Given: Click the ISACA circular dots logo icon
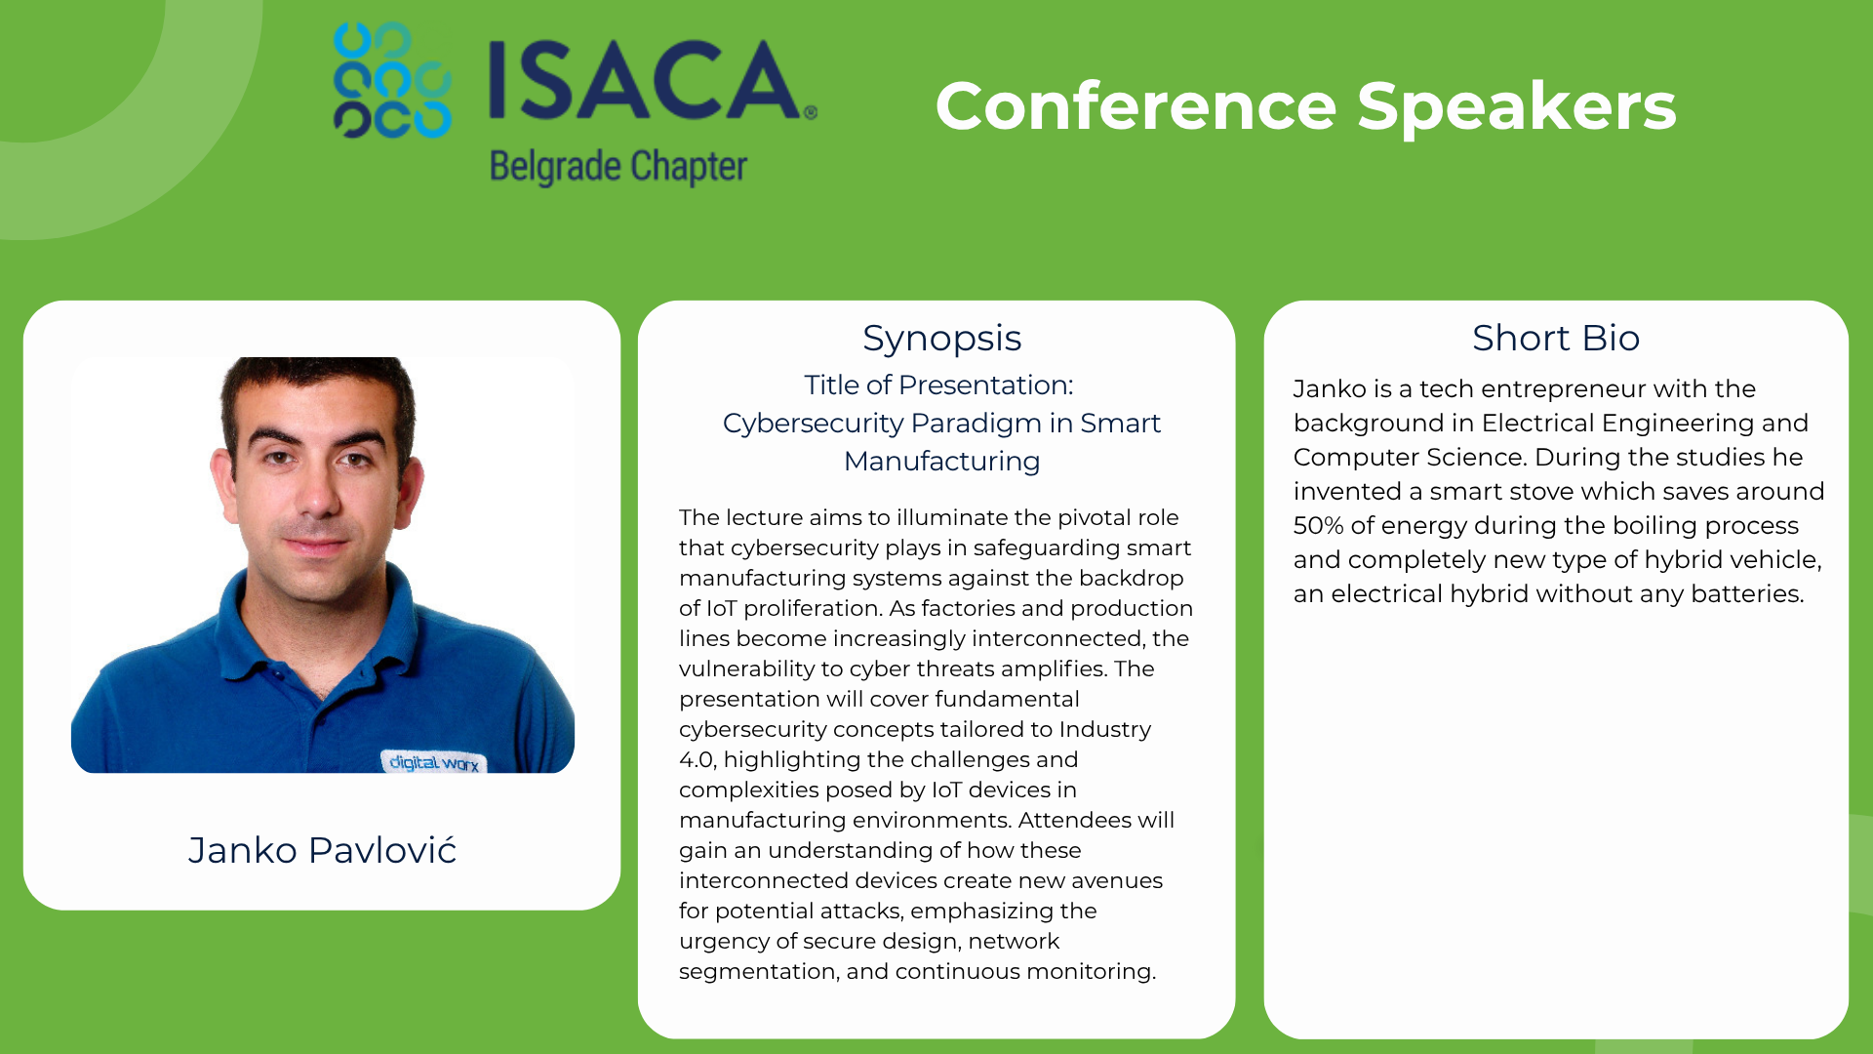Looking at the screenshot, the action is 392,80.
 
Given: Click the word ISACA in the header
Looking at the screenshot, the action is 645,80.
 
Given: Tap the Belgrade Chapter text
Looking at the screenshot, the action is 618,167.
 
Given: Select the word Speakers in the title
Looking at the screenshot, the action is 1516,107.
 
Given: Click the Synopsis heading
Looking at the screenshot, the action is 941,338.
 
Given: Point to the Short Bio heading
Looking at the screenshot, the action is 1556,338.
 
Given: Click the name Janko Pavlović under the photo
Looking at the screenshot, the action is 322,850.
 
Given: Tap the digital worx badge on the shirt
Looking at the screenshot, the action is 433,761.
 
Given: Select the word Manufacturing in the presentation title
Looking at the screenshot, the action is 941,461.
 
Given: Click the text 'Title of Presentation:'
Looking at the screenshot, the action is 938,385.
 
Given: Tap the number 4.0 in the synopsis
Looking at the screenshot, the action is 697,759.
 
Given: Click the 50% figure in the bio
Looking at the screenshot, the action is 1318,525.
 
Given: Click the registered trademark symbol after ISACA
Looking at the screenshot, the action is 811,112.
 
